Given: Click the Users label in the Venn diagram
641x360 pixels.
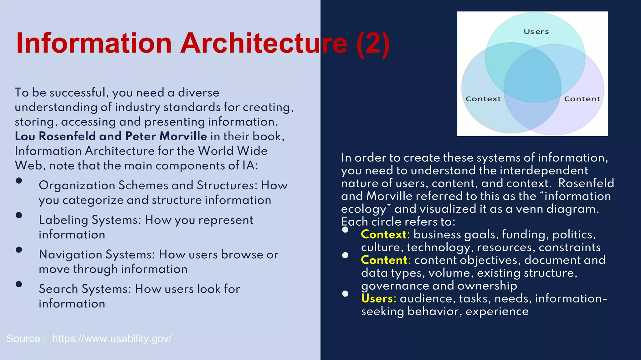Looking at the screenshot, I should pyautogui.click(x=536, y=32).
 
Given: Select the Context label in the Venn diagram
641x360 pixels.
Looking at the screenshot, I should pyautogui.click(x=483, y=99).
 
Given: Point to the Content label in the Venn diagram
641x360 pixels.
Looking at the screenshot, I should pyautogui.click(x=582, y=99).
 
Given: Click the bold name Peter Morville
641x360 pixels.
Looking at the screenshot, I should pyautogui.click(x=166, y=136).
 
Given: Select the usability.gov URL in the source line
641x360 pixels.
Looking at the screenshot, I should pyautogui.click(x=112, y=338).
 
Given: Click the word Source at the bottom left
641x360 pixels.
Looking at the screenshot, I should pyautogui.click(x=23, y=338).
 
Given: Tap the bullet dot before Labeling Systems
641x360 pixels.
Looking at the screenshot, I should pyautogui.click(x=19, y=215).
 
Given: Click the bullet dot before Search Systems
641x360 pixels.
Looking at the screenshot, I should pyautogui.click(x=19, y=284).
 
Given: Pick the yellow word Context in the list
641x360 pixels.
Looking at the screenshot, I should pyautogui.click(x=384, y=234).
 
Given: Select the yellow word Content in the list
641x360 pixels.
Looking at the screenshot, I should pyautogui.click(x=384, y=260).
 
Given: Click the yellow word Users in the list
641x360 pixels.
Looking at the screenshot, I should pyautogui.click(x=377, y=298).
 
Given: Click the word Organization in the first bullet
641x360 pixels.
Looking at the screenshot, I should pyautogui.click(x=77, y=185).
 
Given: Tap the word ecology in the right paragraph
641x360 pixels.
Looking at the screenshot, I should pyautogui.click(x=364, y=209).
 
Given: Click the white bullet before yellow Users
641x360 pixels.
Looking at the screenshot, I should pyautogui.click(x=345, y=293).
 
